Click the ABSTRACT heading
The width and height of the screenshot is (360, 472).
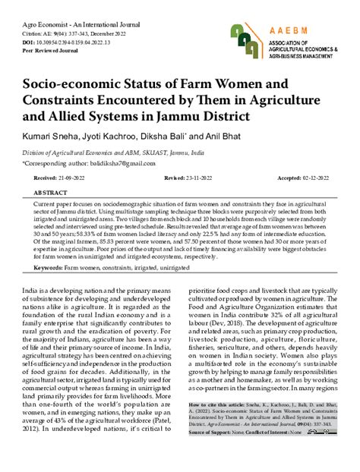click(x=49, y=194)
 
